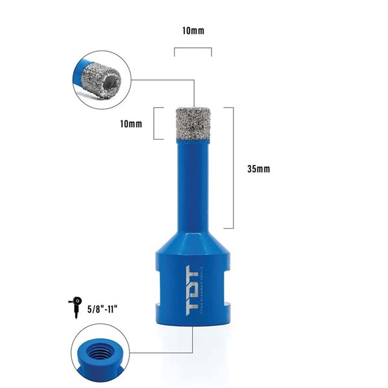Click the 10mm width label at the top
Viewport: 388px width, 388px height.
tap(192, 30)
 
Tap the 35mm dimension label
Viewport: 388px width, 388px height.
tap(258, 169)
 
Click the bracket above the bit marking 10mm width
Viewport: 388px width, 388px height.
tap(192, 50)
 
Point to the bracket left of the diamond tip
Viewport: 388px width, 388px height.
tap(155, 122)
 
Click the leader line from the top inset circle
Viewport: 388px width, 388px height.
tap(162, 80)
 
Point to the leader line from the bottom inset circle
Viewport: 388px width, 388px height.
tap(162, 353)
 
